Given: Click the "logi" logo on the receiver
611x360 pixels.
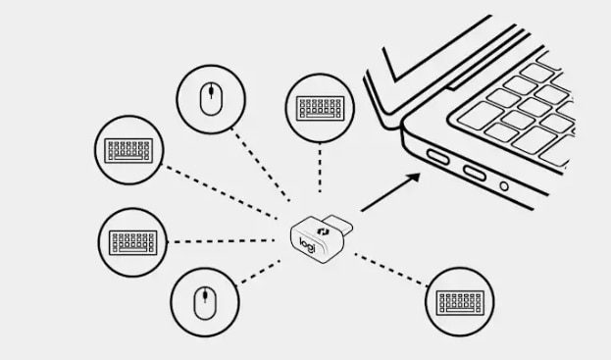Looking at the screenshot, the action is pyautogui.click(x=307, y=244).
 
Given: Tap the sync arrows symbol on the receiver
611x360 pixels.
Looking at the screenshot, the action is pyautogui.click(x=323, y=231).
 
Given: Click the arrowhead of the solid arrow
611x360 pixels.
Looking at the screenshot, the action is pyautogui.click(x=413, y=178).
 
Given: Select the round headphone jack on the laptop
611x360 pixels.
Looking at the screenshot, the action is pyautogui.click(x=504, y=186).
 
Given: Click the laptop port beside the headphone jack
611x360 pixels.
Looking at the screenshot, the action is pyautogui.click(x=475, y=173).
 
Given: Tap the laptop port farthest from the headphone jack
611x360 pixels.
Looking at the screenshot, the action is pyautogui.click(x=438, y=157).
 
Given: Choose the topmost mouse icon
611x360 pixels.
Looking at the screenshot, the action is pyautogui.click(x=211, y=99).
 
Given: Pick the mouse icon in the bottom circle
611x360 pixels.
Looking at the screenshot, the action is pyautogui.click(x=205, y=303).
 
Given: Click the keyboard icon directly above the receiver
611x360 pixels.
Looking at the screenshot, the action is pyautogui.click(x=321, y=108).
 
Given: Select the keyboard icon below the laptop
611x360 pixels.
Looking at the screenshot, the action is pyautogui.click(x=460, y=303).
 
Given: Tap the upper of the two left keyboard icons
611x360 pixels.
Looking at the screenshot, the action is pyautogui.click(x=128, y=150).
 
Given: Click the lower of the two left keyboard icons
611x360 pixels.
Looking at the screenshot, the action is pyautogui.click(x=133, y=242).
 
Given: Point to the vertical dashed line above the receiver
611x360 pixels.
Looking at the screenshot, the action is pyautogui.click(x=320, y=168).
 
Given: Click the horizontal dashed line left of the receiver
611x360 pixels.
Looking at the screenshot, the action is pyautogui.click(x=224, y=241).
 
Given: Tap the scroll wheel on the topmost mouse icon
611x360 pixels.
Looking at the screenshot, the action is pyautogui.click(x=211, y=92).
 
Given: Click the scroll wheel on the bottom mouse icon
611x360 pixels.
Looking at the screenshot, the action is pyautogui.click(x=205, y=296).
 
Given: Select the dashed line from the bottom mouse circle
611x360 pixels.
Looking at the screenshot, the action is pyautogui.click(x=260, y=272).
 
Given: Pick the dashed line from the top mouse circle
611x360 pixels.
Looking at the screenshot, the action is pyautogui.click(x=261, y=165).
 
